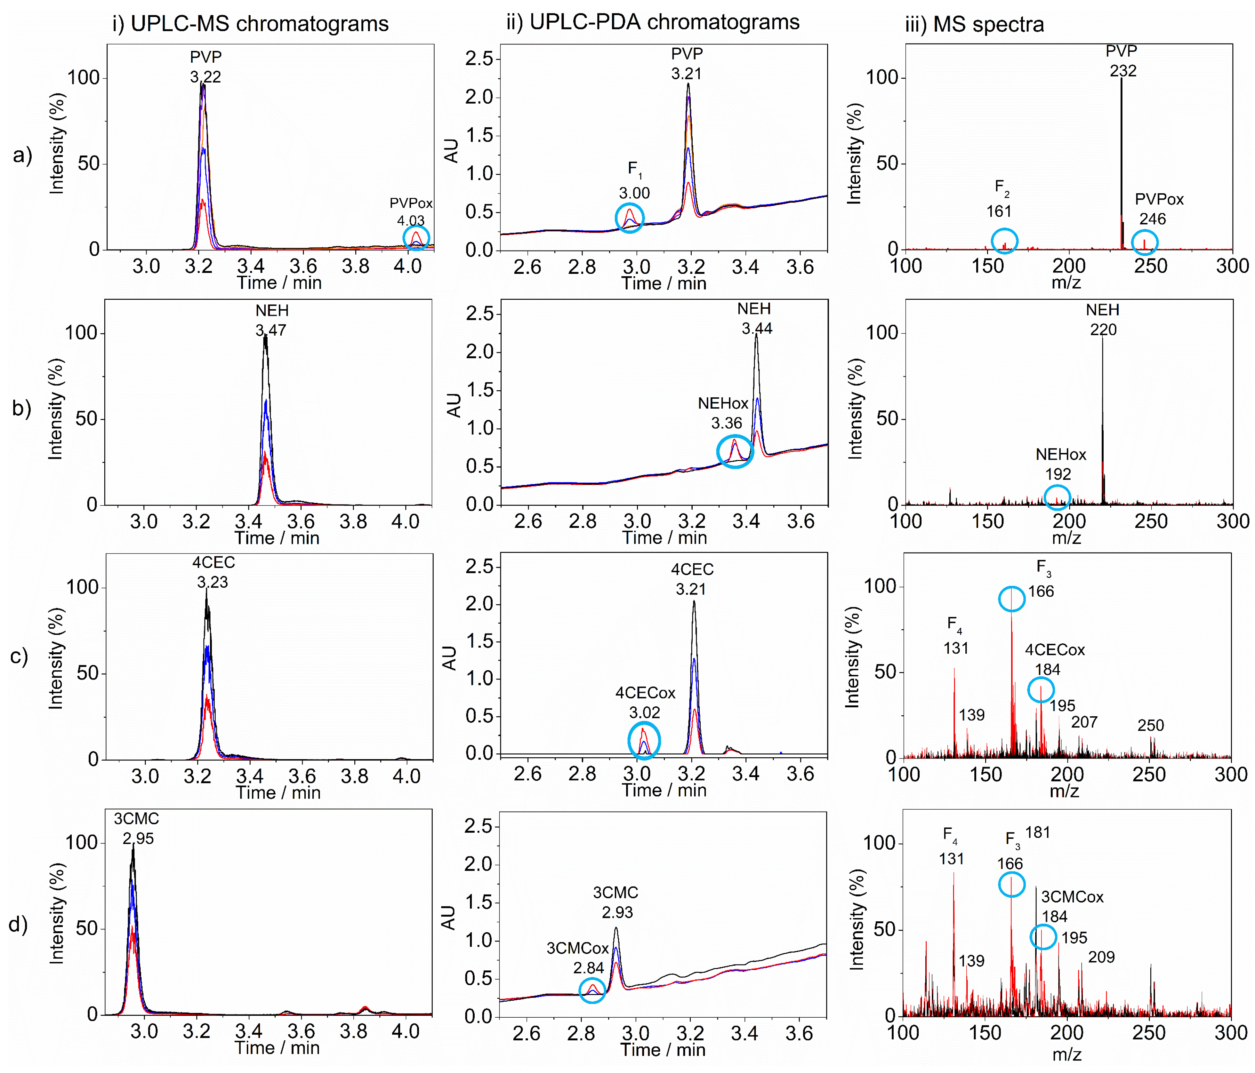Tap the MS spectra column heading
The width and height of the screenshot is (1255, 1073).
[974, 24]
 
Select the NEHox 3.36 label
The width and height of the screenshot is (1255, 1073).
[724, 413]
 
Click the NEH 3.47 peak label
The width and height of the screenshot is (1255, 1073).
[271, 320]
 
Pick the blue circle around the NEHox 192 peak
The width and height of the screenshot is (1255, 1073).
[1057, 497]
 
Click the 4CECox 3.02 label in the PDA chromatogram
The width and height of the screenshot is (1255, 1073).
[645, 703]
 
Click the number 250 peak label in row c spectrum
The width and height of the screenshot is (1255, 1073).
[1150, 726]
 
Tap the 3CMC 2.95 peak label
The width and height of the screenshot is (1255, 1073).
[137, 828]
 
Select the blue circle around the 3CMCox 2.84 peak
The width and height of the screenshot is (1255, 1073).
[592, 990]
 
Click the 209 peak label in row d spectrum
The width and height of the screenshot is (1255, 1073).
[1101, 957]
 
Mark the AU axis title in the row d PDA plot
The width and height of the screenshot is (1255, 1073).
[448, 918]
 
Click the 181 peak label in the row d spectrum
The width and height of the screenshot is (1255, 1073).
[1038, 833]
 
